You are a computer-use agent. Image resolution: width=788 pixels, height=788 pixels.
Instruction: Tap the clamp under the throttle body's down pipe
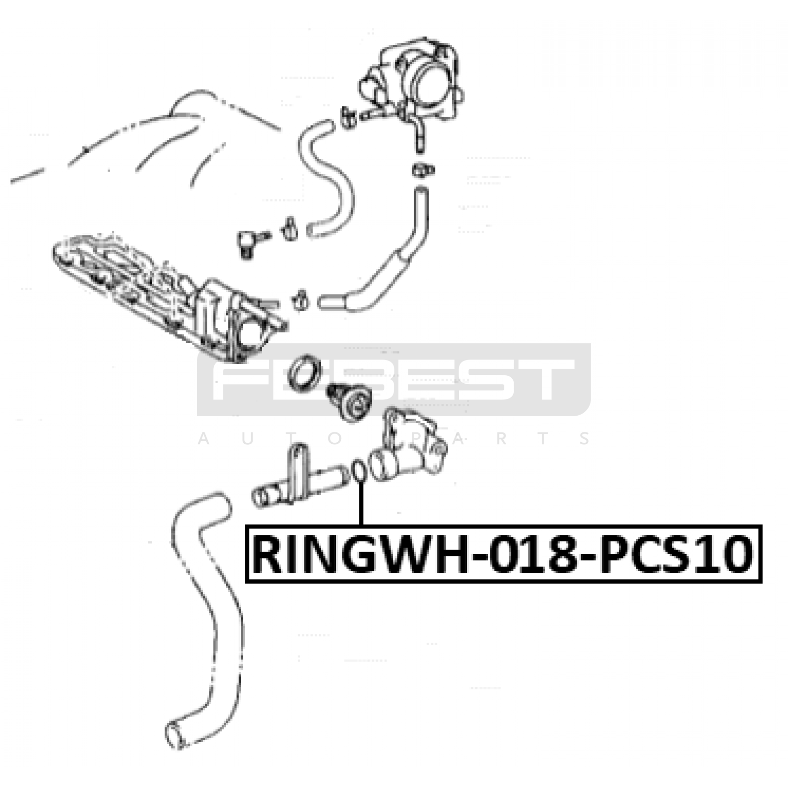pos(423,170)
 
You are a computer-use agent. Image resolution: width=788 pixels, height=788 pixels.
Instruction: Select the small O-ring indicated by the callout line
pos(359,471)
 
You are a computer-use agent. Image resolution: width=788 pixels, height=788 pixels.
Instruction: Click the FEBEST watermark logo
pos(394,379)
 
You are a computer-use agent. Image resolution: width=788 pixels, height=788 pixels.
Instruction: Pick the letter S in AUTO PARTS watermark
pos(586,438)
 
